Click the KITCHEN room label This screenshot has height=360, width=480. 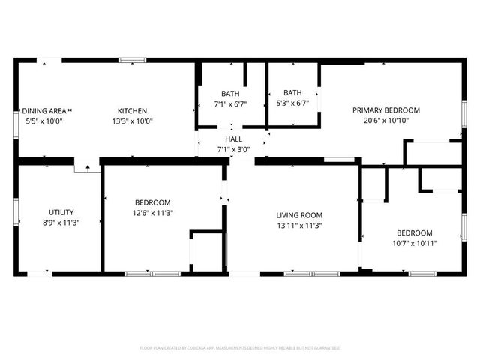131,111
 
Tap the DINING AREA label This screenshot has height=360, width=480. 42,111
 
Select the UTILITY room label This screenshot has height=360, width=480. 61,212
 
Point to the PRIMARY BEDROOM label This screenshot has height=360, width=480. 386,110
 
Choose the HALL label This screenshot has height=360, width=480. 233,139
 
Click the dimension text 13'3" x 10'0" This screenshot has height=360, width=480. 131,121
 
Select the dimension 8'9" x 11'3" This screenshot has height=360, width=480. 61,223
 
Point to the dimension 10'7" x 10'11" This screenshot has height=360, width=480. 414,243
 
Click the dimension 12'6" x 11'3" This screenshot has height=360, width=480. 152,213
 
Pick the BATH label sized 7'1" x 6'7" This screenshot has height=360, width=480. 230,94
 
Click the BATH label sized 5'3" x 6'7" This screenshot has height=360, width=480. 292,94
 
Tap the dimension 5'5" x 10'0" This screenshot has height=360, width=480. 42,121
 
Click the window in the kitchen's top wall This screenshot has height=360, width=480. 132,60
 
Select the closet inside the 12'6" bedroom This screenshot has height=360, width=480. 208,252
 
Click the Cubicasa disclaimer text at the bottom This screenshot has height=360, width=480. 240,348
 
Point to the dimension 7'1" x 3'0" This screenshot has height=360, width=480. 233,149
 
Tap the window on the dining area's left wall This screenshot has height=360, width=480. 16,124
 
